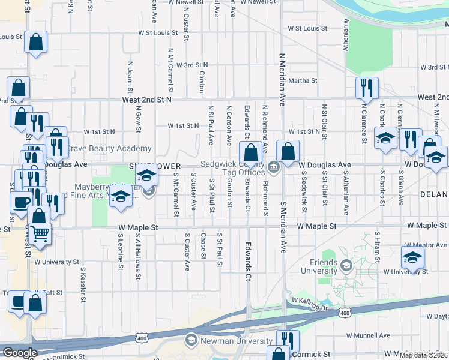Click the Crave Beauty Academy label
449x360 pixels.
(109, 148)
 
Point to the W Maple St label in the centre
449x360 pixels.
(138, 227)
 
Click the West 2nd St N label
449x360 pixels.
(147, 100)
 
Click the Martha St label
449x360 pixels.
(303, 80)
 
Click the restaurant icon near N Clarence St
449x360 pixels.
(366, 88)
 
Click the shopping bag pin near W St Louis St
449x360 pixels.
(36, 43)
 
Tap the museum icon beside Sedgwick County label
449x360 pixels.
(273, 167)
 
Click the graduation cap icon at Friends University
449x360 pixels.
(346, 265)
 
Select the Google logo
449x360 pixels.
(20, 353)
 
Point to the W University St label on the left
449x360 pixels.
(57, 262)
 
